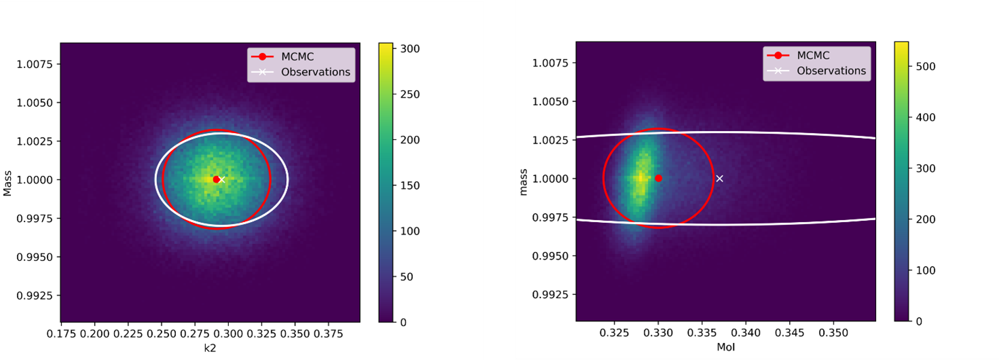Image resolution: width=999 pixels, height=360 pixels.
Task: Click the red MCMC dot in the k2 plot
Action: click(x=216, y=179)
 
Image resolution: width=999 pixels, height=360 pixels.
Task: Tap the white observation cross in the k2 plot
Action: click(x=221, y=180)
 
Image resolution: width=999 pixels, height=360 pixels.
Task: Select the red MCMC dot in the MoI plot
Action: click(x=658, y=178)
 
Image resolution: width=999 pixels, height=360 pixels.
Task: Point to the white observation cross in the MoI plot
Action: click(x=720, y=179)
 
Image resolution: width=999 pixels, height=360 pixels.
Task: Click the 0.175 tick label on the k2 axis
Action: click(x=62, y=334)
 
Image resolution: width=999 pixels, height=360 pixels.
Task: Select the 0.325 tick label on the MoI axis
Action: click(x=615, y=334)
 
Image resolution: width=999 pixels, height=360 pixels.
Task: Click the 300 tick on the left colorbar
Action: click(x=410, y=49)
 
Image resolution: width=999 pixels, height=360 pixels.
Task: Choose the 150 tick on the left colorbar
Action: click(x=410, y=185)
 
